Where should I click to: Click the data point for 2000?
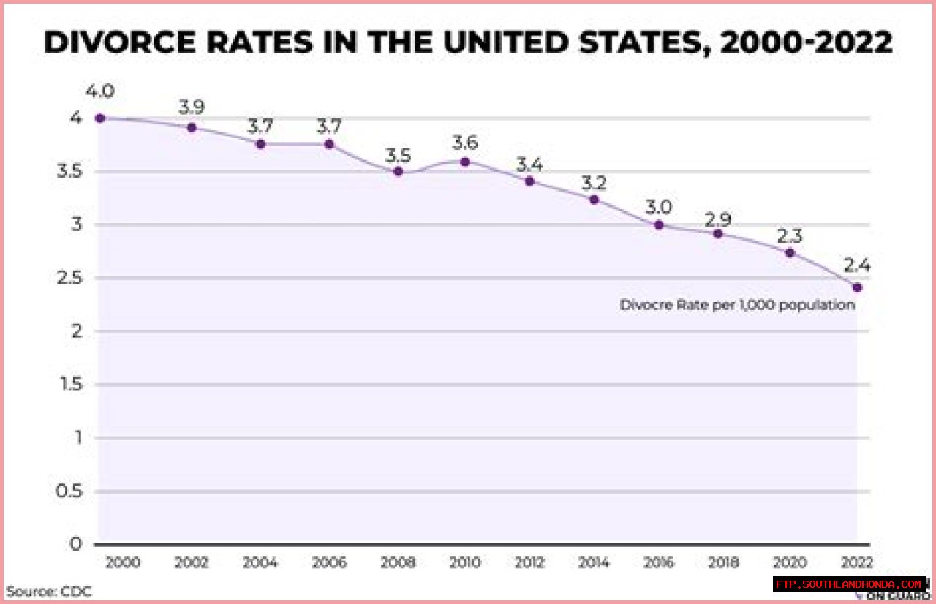100,118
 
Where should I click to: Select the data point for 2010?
465,162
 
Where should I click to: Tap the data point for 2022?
857,287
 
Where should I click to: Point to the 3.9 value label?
192,107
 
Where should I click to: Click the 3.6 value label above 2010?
465,141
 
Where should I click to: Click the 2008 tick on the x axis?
398,562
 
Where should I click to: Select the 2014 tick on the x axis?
595,562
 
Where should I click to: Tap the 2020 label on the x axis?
790,562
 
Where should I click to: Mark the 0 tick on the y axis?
77,544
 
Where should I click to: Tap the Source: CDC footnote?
49,591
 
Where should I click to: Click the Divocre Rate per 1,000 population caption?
737,305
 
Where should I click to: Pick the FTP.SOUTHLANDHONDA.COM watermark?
848,584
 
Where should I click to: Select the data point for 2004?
260,144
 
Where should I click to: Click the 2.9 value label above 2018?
718,219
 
